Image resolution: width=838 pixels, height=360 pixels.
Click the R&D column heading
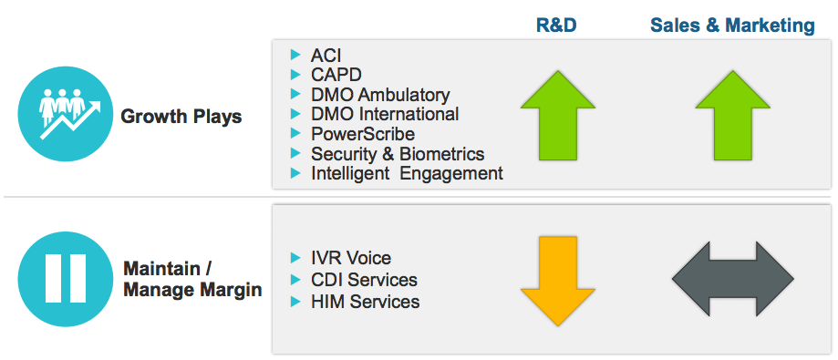pyautogui.click(x=556, y=26)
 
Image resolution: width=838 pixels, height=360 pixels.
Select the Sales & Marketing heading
pyautogui.click(x=732, y=26)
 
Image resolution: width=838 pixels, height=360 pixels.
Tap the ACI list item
pyautogui.click(x=326, y=55)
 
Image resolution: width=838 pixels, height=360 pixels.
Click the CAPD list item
pyautogui.click(x=336, y=75)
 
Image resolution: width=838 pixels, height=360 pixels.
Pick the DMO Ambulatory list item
pyautogui.click(x=380, y=95)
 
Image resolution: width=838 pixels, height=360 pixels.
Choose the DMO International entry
pyautogui.click(x=385, y=114)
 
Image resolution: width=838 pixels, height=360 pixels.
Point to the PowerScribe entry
pyautogui.click(x=363, y=134)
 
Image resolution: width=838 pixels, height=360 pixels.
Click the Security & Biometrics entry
pyautogui.click(x=398, y=154)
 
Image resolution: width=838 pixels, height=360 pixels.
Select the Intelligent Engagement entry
pyautogui.click(x=407, y=173)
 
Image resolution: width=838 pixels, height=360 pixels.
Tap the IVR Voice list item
pyautogui.click(x=350, y=258)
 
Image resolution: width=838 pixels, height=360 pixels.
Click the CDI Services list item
pyautogui.click(x=364, y=280)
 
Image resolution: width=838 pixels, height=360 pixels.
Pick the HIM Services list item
pyautogui.click(x=365, y=302)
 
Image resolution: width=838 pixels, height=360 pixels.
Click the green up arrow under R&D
pyautogui.click(x=557, y=115)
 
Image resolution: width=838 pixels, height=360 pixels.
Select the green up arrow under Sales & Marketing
pyautogui.click(x=732, y=115)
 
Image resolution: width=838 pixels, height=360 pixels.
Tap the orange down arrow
pyautogui.click(x=557, y=281)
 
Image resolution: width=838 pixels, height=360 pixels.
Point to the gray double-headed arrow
pyautogui.click(x=732, y=279)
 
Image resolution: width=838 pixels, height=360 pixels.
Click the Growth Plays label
pyautogui.click(x=181, y=117)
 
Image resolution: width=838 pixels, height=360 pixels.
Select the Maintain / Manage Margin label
pyautogui.click(x=192, y=279)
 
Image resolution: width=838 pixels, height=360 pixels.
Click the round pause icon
pyautogui.click(x=66, y=279)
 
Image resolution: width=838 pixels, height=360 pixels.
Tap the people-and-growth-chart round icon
pyautogui.click(x=66, y=114)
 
